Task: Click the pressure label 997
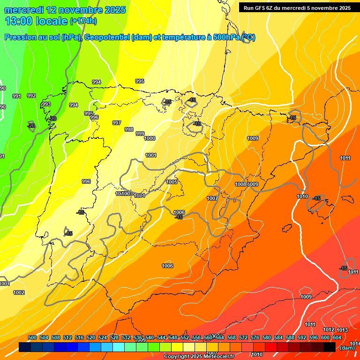[x=117, y=123]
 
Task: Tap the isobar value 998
[x=129, y=129]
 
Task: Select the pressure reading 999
[x=140, y=134]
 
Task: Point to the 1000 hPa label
[x=150, y=138]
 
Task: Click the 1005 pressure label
[x=172, y=182]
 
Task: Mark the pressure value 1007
[x=212, y=198]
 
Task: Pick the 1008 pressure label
[x=240, y=184]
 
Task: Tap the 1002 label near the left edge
[x=19, y=292]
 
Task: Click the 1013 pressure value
[x=342, y=330]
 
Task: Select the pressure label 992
[x=31, y=96]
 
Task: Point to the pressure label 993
[x=46, y=104]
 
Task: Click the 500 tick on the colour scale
[x=32, y=337]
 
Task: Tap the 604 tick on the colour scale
[x=337, y=337]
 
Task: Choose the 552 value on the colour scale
[x=185, y=337]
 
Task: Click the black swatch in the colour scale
[x=330, y=347]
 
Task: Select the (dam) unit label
[x=347, y=348]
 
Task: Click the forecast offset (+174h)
[x=83, y=21]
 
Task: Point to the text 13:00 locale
[x=37, y=21]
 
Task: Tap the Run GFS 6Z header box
[x=297, y=7]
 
